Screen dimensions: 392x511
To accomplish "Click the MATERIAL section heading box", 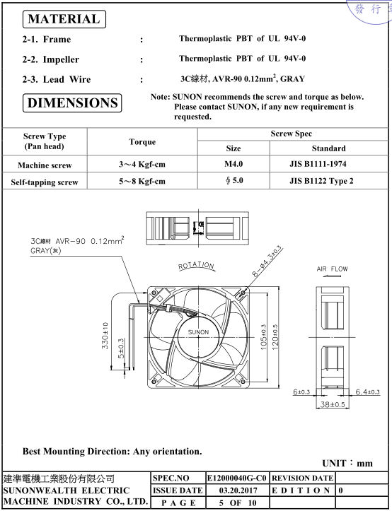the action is tap(64, 19).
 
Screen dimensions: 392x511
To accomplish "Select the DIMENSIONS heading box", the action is tap(72, 103).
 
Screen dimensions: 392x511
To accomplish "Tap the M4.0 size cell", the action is tap(234, 163).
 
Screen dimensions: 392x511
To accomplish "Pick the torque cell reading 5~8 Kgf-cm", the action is tap(142, 181).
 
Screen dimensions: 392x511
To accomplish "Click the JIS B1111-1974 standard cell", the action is tap(318, 163).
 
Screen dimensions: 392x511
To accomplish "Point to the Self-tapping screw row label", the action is tap(45, 182).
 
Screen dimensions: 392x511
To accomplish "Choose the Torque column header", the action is tap(142, 142).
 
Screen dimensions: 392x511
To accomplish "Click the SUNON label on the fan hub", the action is tap(198, 332).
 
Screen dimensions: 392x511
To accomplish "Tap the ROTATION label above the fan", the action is tap(196, 266).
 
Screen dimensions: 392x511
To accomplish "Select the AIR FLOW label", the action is tap(332, 269).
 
